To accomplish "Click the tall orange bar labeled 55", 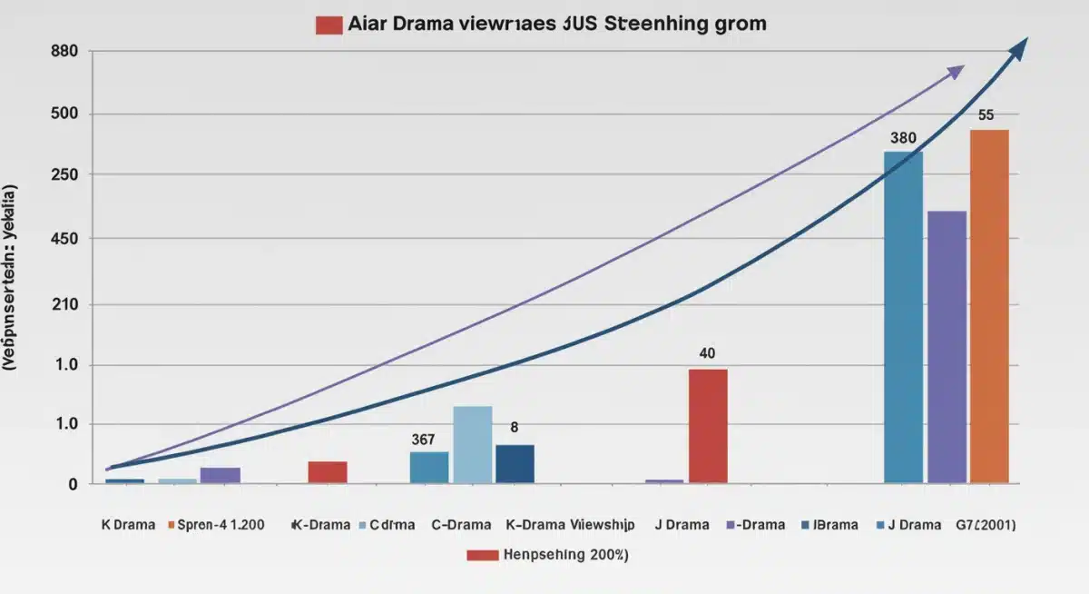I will pos(989,305).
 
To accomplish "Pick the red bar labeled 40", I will pos(708,425).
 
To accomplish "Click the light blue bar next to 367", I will pos(472,444).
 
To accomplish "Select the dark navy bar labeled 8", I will pos(515,463).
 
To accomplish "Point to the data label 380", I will pos(903,139).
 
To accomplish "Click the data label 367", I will pos(423,440).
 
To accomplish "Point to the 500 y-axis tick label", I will pos(65,114).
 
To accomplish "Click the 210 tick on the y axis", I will pos(65,305).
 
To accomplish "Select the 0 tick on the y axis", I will pos(73,485).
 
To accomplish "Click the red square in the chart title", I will pos(328,25).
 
